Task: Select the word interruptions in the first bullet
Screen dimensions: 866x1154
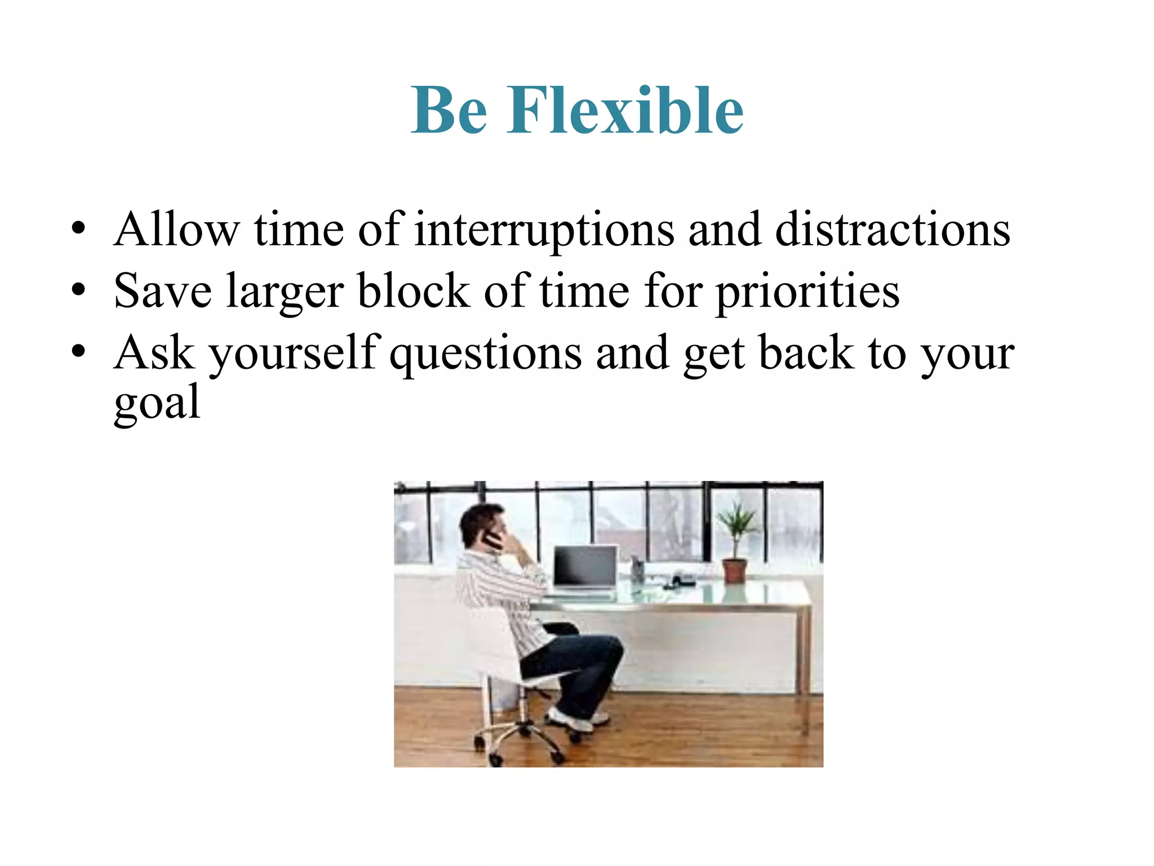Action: (544, 230)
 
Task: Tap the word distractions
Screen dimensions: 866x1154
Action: (893, 230)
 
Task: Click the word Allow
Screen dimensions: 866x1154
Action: (176, 230)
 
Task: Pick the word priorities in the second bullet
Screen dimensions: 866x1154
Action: (807, 292)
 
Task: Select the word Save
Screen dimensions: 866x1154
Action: (163, 292)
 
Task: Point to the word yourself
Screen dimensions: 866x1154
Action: (294, 354)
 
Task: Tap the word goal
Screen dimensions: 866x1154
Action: (157, 404)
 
